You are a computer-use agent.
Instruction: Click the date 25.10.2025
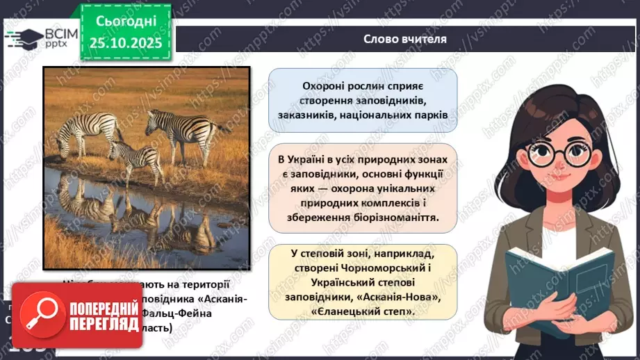click(x=125, y=43)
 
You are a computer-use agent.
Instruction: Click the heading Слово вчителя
click(x=404, y=39)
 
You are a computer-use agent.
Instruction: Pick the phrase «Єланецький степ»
click(x=363, y=312)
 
